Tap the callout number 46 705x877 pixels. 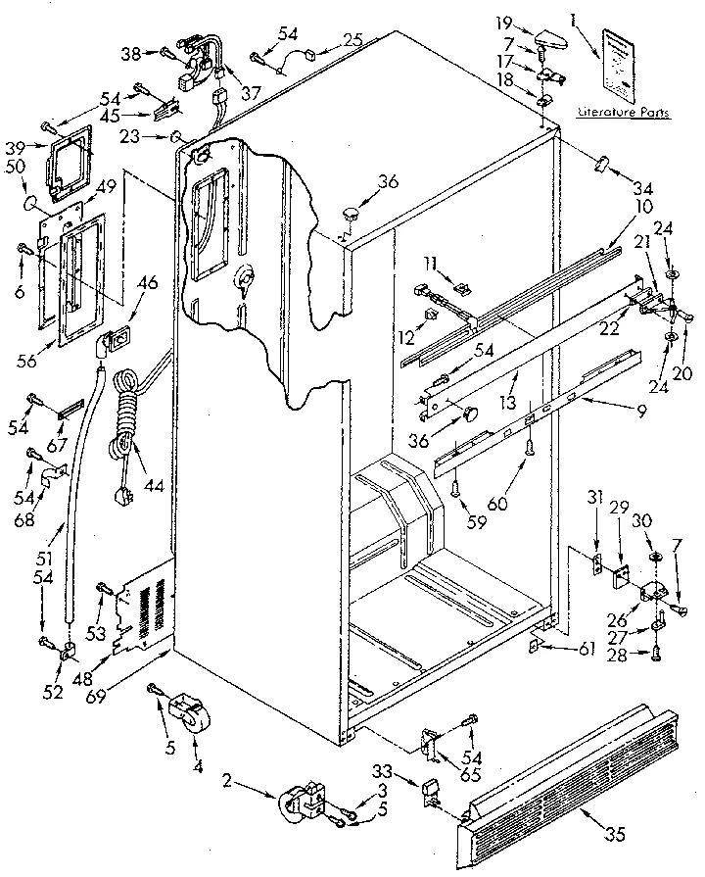tap(149, 283)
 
